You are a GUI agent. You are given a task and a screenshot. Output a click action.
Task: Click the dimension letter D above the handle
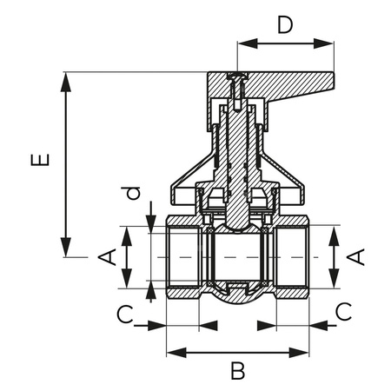point(284,23)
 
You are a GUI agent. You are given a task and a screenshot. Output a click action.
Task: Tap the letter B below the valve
point(237,371)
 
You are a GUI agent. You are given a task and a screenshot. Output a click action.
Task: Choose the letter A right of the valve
point(356,256)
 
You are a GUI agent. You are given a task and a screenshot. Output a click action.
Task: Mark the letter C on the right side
point(344,312)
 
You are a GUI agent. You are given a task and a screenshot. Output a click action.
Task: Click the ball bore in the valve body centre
point(237,257)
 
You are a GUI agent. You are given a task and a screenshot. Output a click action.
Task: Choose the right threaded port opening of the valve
point(295,257)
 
